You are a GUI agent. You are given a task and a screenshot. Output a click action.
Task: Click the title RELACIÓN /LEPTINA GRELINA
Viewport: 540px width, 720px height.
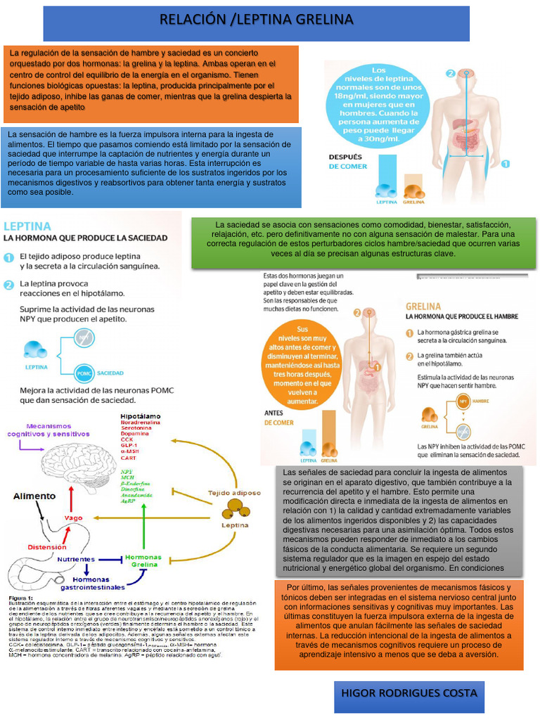coord(256,19)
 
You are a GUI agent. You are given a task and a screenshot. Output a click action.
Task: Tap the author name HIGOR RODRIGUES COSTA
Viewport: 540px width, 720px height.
coord(408,693)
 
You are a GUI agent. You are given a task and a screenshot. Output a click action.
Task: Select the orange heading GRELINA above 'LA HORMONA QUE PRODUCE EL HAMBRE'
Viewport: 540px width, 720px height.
coord(423,307)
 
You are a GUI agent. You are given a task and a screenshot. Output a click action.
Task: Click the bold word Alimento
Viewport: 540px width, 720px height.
coord(34,496)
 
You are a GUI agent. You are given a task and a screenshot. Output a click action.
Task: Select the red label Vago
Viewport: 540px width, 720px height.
coord(74,517)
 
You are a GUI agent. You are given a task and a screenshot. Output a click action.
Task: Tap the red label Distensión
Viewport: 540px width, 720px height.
coord(47,546)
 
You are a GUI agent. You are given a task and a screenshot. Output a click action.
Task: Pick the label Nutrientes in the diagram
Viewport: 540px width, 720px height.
coord(77,559)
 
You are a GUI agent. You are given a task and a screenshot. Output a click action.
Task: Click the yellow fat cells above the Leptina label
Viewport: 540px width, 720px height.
coord(235,508)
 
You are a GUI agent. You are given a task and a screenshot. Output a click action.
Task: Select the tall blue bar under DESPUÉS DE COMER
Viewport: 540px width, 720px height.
coord(385,176)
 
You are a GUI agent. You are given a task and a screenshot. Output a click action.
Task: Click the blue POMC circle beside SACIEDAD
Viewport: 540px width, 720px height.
coord(84,373)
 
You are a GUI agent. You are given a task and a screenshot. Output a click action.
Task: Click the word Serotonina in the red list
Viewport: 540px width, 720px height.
coord(136,428)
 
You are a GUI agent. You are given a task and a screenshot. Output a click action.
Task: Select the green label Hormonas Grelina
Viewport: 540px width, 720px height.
coord(143,561)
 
